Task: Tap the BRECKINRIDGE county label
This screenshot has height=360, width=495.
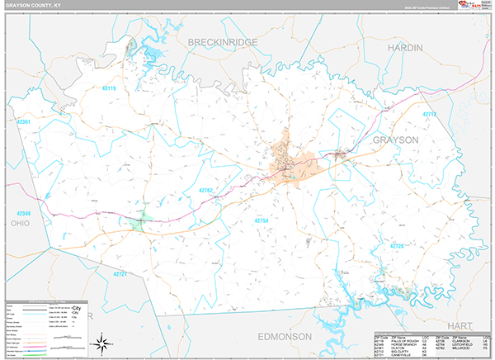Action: click(222, 41)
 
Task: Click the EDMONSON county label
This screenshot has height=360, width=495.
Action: click(284, 337)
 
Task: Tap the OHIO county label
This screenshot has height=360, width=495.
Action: click(20, 223)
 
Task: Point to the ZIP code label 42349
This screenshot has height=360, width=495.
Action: click(21, 212)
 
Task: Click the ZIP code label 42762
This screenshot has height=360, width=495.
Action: click(206, 192)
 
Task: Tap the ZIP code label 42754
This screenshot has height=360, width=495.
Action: click(262, 220)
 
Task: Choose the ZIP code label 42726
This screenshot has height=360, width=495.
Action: click(397, 246)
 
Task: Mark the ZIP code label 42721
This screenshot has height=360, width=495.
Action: click(120, 273)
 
